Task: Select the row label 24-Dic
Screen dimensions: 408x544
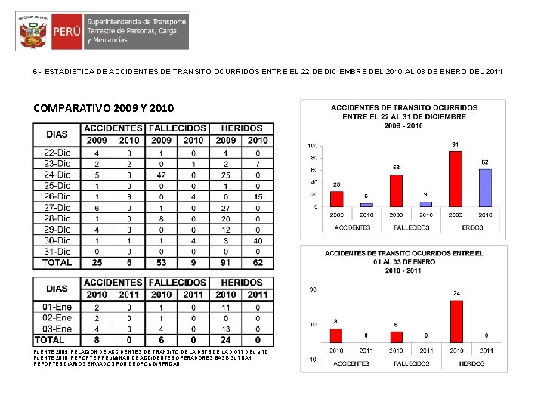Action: click(57, 175)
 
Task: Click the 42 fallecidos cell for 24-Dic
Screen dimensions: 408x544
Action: click(161, 175)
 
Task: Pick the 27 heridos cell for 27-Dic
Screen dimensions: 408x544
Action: click(226, 208)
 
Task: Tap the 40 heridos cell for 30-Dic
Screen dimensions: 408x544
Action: click(258, 240)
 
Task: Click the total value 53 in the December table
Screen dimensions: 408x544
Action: click(161, 263)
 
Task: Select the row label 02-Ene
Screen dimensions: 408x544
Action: click(57, 318)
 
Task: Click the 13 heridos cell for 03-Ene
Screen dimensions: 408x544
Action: click(226, 329)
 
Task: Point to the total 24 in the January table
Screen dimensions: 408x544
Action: click(226, 341)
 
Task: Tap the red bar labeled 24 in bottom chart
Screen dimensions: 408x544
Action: click(456, 321)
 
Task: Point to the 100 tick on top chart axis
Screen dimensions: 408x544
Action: click(312, 145)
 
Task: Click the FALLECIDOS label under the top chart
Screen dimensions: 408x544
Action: click(411, 227)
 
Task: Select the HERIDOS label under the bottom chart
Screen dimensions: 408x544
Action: click(471, 364)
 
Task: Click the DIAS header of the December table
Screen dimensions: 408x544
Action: click(57, 134)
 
